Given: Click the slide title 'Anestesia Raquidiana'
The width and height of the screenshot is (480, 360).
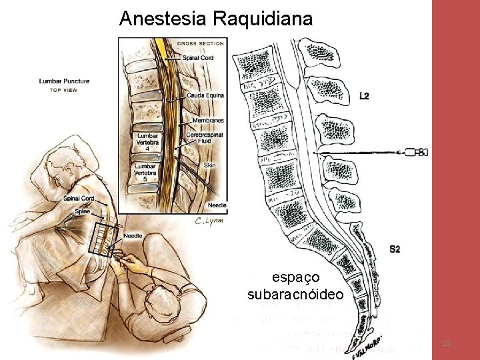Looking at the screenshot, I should point(215,19).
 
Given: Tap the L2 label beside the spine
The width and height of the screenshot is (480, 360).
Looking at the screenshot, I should point(364,96).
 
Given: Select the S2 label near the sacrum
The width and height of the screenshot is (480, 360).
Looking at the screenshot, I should point(395,249).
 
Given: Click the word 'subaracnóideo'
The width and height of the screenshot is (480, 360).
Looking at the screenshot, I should point(295,294).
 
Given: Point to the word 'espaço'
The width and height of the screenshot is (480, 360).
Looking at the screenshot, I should point(295,276).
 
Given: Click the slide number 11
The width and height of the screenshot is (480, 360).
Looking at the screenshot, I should point(447,343).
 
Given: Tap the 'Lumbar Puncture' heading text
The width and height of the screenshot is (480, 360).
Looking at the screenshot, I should point(64,81).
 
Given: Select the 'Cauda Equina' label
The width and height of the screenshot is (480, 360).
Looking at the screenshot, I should point(205,95).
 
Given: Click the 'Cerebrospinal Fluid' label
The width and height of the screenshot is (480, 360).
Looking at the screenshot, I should point(205,138).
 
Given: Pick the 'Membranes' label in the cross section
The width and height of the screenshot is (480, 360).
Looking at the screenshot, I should point(207,120).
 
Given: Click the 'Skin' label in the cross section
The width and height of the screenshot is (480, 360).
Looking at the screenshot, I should point(210,165).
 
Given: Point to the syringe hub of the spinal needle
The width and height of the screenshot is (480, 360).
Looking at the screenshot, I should point(418,153).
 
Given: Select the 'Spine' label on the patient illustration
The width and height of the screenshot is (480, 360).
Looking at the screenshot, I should point(82,211).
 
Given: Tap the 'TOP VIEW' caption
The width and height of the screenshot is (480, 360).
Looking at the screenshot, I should point(64,90).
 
